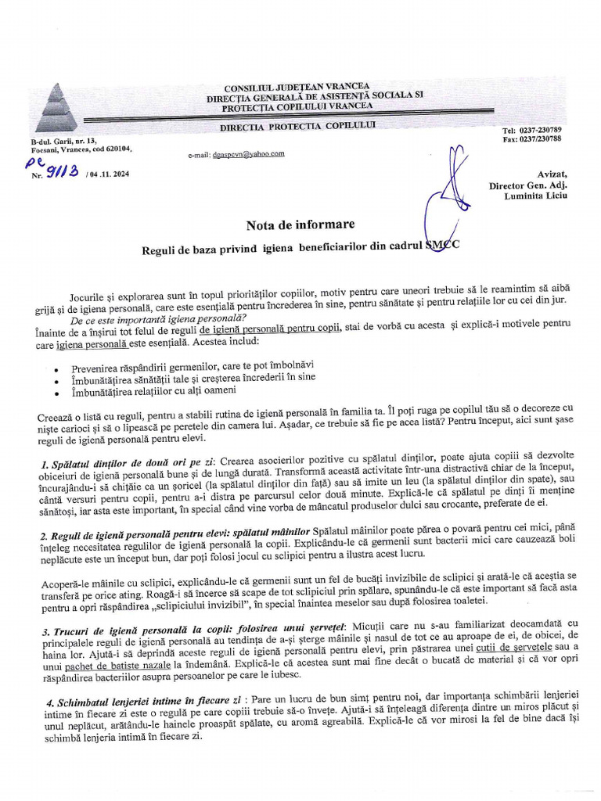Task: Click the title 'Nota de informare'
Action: tap(300, 225)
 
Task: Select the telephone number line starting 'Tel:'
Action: tap(531, 130)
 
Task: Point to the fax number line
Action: tap(531, 139)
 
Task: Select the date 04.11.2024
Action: tap(107, 174)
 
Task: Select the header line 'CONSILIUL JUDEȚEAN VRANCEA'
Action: tap(297, 87)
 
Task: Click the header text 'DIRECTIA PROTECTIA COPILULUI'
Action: tap(297, 126)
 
